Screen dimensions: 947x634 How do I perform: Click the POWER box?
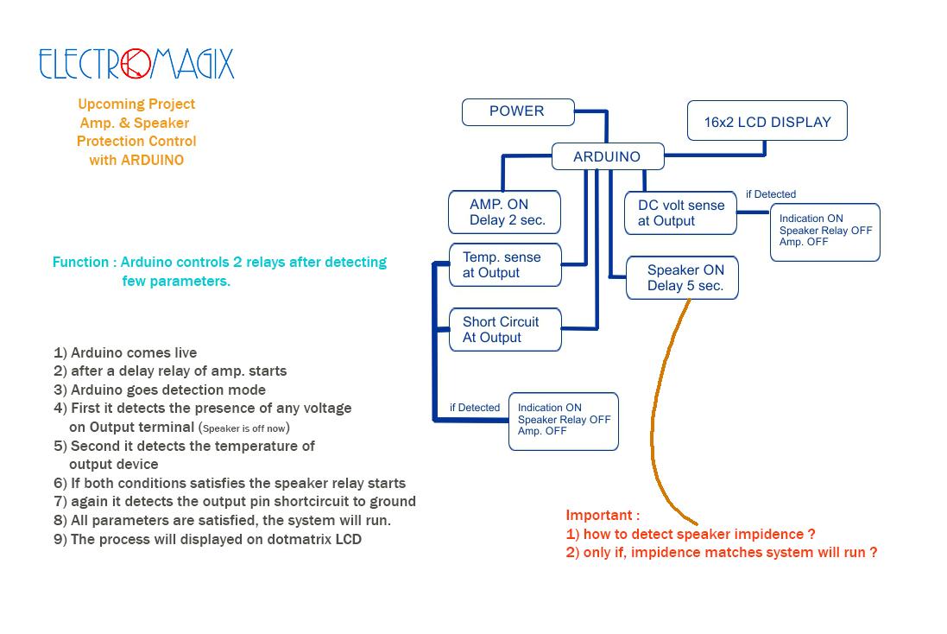(x=518, y=111)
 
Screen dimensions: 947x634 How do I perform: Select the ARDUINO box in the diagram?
(x=608, y=156)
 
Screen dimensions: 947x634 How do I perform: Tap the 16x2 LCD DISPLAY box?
(x=767, y=121)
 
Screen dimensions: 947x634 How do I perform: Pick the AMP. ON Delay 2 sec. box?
(x=504, y=212)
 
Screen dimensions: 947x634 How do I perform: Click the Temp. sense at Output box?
(x=506, y=264)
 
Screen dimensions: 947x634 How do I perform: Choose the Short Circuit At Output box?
(x=506, y=329)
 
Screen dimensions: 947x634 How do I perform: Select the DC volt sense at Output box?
(x=680, y=212)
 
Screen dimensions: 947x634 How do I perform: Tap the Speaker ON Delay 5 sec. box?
(x=683, y=277)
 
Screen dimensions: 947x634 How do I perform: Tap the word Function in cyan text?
(x=80, y=262)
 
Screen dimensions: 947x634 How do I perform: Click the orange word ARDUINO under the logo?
(x=152, y=160)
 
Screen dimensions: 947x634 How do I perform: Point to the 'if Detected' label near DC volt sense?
(x=771, y=194)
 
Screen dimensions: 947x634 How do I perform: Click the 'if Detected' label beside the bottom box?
(x=475, y=408)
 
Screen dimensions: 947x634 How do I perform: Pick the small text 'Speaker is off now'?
(x=244, y=428)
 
